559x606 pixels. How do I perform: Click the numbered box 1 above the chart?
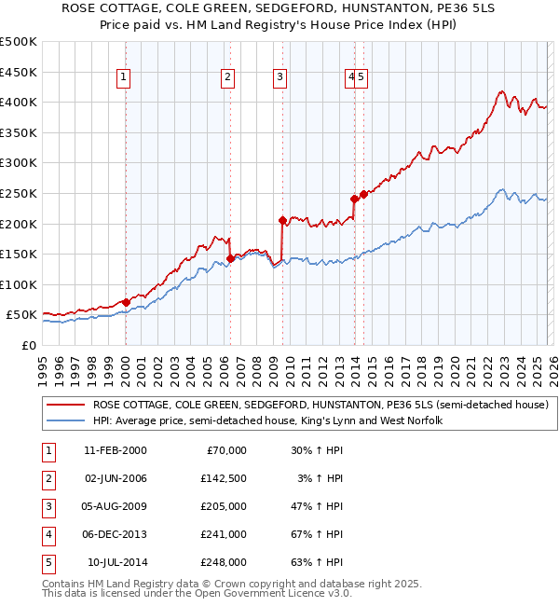(125, 77)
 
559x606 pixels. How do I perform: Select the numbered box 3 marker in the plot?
(280, 77)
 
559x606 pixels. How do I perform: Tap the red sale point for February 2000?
(126, 302)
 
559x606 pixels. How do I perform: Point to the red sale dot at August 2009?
(281, 221)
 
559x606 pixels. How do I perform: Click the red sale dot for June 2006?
(229, 258)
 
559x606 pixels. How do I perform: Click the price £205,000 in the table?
(224, 506)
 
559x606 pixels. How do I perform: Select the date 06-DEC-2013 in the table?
(115, 534)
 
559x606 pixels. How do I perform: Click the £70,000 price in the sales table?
(226, 450)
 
